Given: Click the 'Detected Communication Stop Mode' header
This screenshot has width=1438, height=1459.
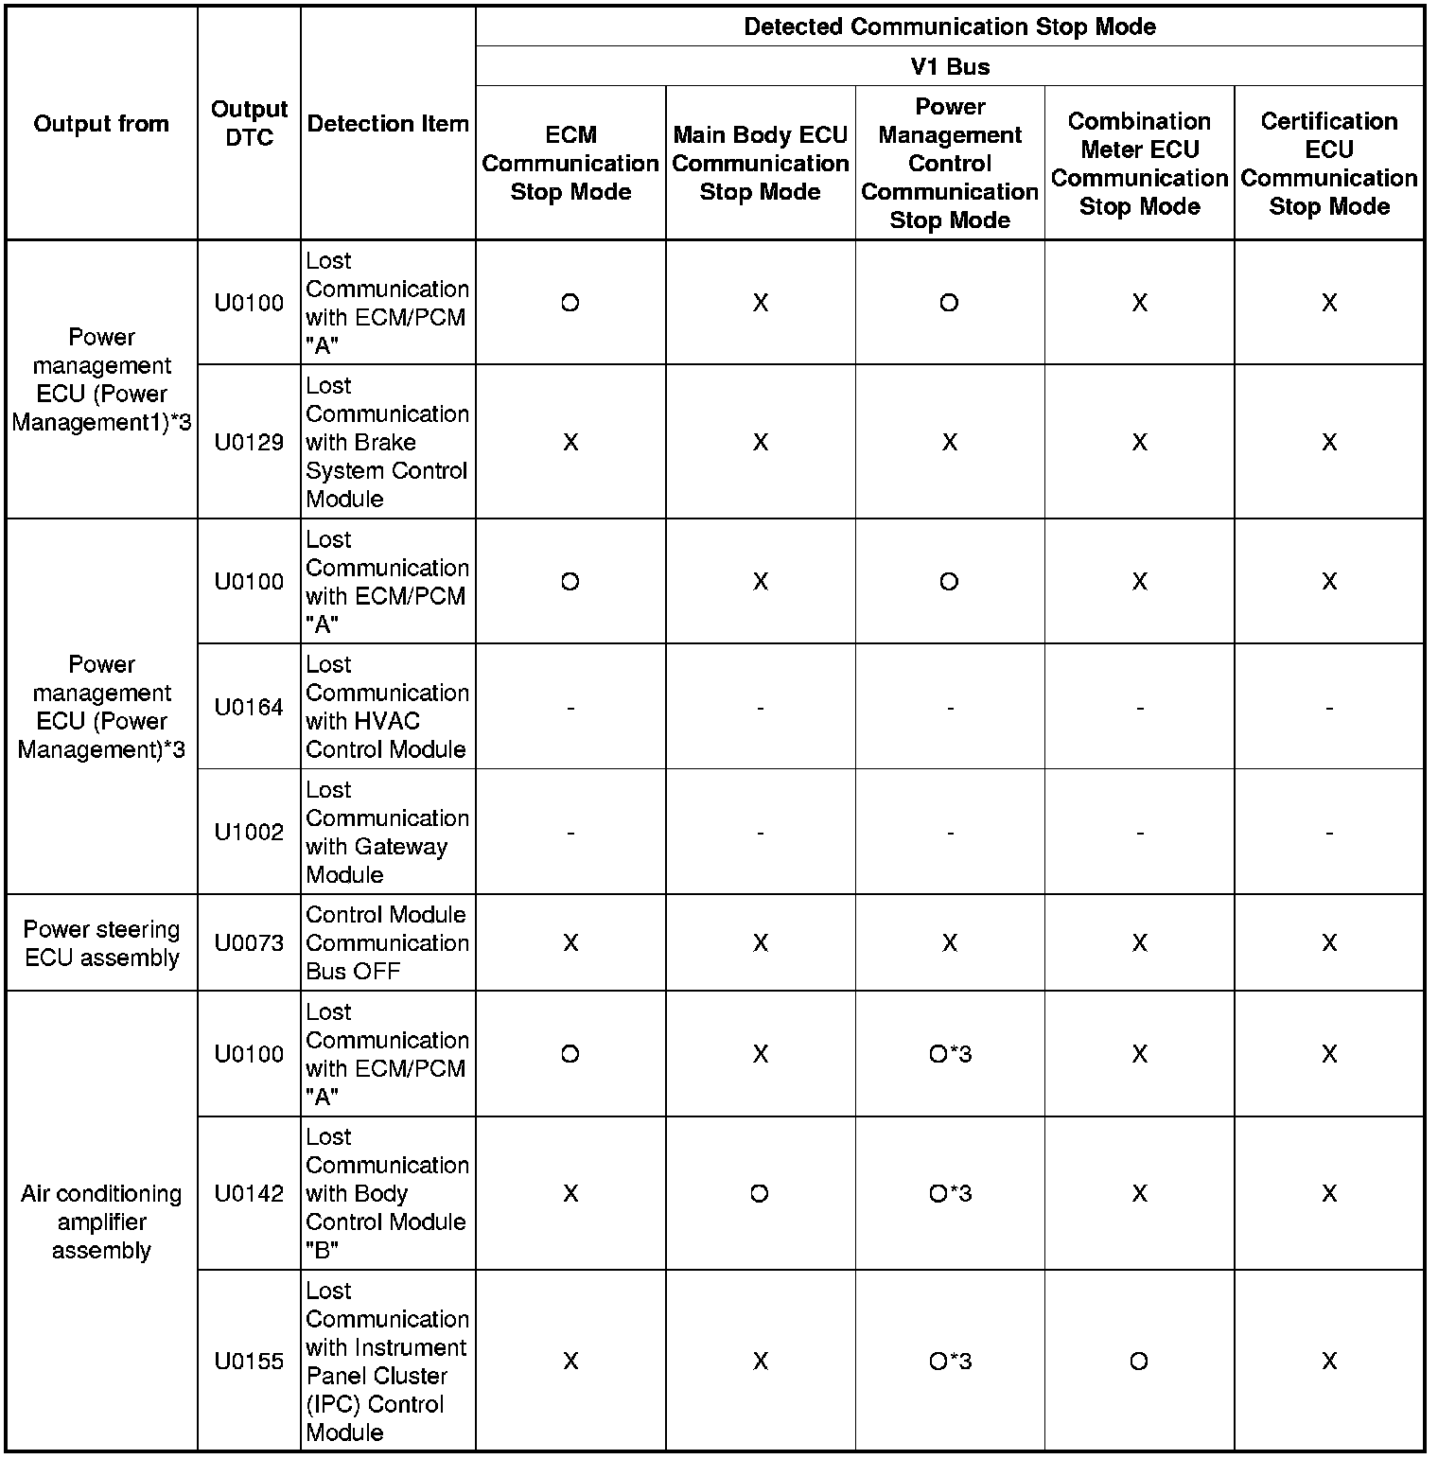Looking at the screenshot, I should (950, 26).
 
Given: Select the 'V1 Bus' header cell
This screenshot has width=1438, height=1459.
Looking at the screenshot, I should (950, 67).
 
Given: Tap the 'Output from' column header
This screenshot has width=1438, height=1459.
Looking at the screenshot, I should (101, 124).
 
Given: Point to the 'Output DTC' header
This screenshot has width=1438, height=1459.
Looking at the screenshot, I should (249, 124).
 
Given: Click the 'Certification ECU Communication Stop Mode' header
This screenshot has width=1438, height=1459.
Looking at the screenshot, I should (1329, 164).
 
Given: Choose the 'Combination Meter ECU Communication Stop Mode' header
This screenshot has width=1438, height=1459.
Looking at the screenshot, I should (1139, 164).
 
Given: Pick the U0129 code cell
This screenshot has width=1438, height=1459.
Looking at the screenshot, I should (249, 442).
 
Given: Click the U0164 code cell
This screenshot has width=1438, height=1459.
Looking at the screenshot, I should (249, 707).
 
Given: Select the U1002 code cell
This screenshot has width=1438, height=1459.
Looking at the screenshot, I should (249, 833).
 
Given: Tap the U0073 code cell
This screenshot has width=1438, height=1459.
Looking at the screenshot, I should (249, 943).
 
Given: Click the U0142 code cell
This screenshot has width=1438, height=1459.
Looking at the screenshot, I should (249, 1193).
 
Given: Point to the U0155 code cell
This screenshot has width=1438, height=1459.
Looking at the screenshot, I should (249, 1361).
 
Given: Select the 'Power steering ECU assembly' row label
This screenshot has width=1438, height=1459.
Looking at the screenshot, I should (101, 943).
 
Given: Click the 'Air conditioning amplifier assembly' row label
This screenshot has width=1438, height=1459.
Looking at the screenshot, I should (101, 1222).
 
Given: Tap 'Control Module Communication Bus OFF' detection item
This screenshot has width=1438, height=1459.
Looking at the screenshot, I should (387, 943).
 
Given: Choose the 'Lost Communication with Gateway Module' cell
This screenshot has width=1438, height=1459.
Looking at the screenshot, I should (387, 833).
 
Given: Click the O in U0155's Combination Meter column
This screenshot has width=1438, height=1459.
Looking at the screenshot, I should (1139, 1361).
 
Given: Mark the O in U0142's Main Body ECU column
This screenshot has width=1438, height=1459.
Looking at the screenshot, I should (760, 1193).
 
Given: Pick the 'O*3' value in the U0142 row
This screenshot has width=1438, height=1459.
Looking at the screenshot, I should (950, 1193).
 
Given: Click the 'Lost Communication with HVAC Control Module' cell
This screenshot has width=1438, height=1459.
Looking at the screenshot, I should (387, 707).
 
